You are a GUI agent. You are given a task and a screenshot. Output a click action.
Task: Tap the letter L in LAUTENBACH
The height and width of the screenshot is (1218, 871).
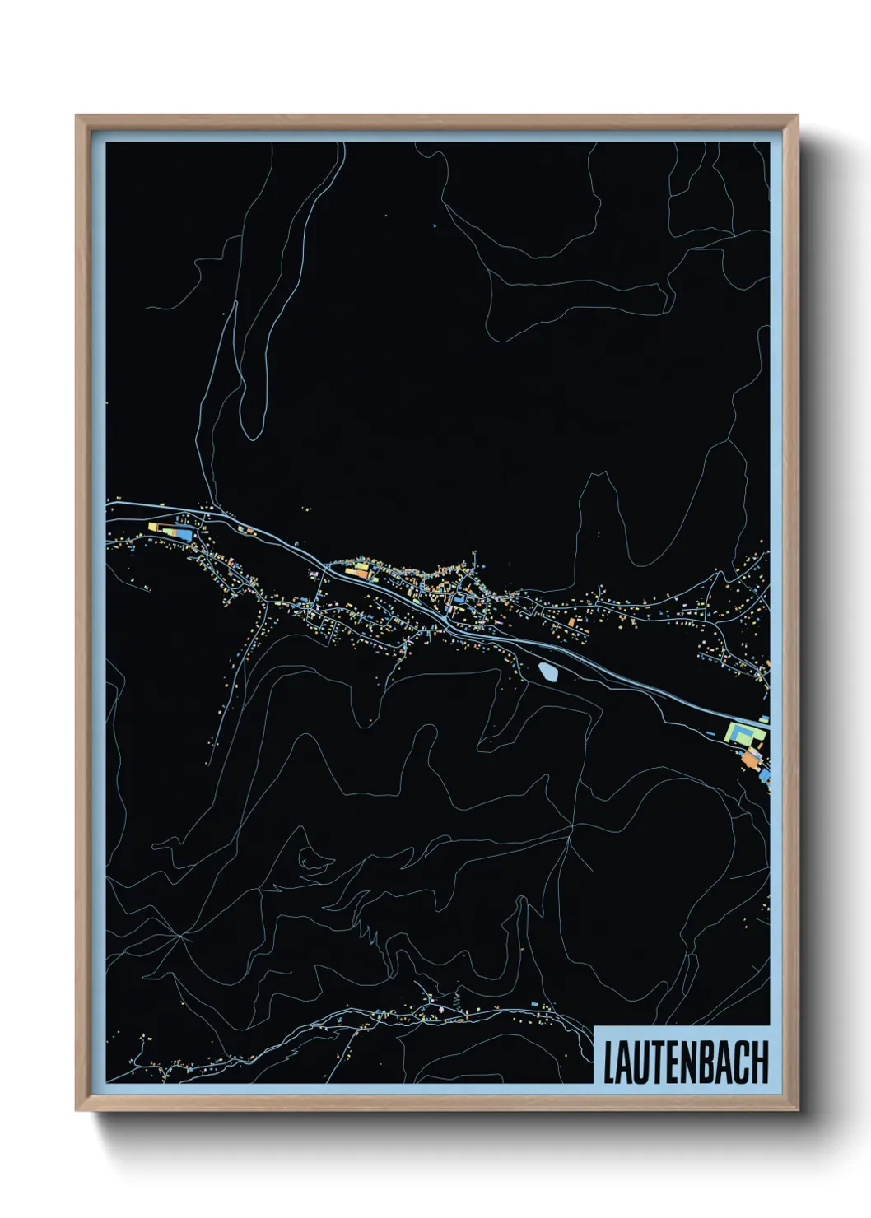click(610, 1062)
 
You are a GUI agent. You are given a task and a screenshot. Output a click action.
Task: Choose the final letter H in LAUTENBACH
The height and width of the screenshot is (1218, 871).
click(762, 1062)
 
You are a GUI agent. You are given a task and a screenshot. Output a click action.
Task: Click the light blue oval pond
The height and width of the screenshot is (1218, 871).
click(547, 672)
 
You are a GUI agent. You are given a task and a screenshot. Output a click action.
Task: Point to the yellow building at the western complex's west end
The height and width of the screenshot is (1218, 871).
click(152, 525)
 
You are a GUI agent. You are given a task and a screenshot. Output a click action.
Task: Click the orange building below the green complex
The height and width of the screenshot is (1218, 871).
click(750, 758)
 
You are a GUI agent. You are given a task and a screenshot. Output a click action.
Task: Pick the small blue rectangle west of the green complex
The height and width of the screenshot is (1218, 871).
click(710, 732)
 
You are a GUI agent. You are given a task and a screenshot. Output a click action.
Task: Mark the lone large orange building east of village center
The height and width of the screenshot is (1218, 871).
click(571, 622)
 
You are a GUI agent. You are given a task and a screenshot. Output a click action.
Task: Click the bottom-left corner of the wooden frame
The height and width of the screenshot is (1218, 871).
click(77, 1109)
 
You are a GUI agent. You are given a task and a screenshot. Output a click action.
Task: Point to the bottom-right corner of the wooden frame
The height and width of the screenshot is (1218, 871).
click(797, 1109)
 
